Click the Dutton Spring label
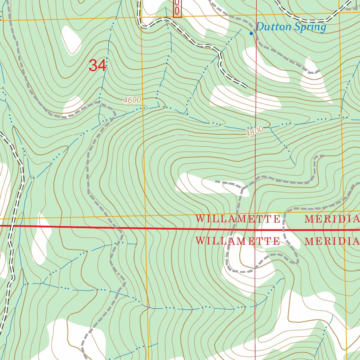coord(291,27)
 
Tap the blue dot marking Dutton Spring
coord(251,33)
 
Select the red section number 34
coord(97,65)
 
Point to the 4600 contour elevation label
coord(132,101)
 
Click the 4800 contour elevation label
coord(255,132)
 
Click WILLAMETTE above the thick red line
coord(238,219)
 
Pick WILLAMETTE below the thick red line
coord(238,241)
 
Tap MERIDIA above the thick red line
coord(332,219)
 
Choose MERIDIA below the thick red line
coord(332,242)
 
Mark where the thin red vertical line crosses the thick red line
coord(256,230)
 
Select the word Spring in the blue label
coord(311,27)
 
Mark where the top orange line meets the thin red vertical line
coord(256,15)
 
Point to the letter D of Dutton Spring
coord(259,27)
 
